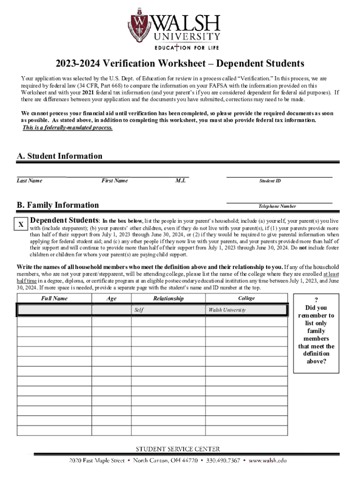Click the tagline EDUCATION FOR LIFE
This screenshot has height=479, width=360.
click(187, 47)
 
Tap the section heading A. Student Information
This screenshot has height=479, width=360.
click(59, 156)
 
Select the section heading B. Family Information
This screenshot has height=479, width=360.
click(58, 205)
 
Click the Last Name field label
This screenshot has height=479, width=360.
click(29, 181)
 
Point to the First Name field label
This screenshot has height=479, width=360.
click(114, 181)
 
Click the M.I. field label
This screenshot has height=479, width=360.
click(180, 181)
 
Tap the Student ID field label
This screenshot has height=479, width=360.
click(270, 181)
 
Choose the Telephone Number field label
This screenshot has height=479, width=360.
click(277, 206)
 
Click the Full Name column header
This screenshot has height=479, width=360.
click(54, 298)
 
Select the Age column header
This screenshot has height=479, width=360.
click(111, 298)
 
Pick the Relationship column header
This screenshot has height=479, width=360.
click(168, 298)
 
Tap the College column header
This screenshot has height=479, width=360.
click(246, 298)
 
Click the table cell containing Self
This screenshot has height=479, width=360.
click(167, 310)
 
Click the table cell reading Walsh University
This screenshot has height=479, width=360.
click(246, 310)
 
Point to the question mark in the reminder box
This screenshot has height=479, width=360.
click(316, 300)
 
